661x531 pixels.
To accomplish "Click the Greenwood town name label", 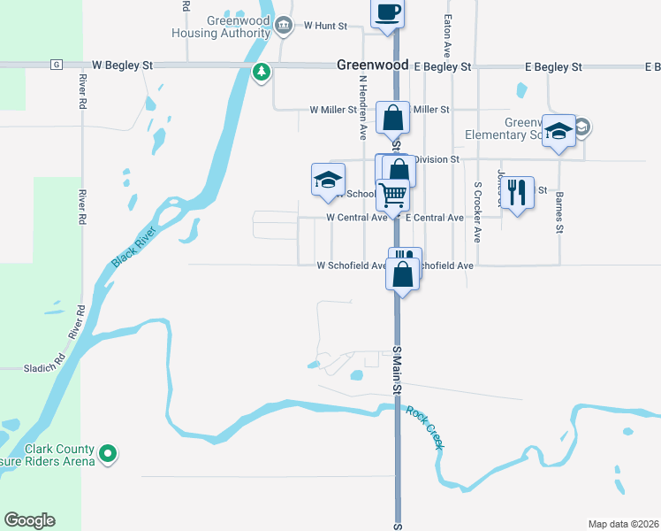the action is tap(372, 65).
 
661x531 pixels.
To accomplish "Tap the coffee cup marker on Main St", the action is tap(387, 13).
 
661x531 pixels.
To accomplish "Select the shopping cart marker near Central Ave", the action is tap(392, 194).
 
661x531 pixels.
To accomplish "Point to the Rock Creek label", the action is tap(426, 427).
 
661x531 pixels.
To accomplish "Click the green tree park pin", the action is tap(261, 72).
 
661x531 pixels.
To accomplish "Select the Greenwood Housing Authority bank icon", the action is tap(283, 25).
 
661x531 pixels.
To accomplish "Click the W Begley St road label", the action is tap(123, 65).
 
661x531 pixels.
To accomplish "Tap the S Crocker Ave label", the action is tap(477, 212).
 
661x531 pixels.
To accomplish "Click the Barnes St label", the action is tap(560, 215).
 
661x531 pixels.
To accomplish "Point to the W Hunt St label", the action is tap(325, 27).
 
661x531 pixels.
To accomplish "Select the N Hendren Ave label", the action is tap(362, 107).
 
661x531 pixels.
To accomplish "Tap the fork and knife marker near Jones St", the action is tap(517, 192).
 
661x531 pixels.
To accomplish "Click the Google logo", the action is tap(29, 520).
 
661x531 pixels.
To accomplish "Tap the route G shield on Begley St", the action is tap(56, 65).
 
